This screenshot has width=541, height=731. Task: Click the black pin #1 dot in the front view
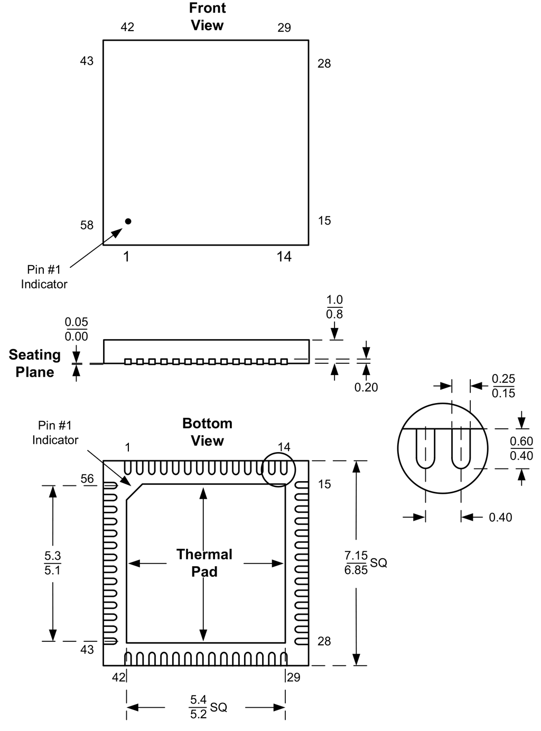128,221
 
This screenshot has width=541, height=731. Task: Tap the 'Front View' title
207,17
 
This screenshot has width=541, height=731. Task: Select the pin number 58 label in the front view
87,226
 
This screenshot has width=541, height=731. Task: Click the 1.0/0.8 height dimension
334,307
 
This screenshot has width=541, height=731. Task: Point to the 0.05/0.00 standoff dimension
76,329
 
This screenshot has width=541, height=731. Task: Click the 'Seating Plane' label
35,363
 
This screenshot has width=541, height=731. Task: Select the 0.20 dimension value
366,387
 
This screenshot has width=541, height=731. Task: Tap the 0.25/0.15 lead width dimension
503,386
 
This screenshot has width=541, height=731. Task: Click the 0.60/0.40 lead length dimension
521,448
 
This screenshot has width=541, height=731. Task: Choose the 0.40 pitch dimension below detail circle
500,518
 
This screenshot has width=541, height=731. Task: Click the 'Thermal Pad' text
204,563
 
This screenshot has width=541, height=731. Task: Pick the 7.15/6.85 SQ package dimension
365,563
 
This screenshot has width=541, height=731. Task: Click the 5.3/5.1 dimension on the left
52,563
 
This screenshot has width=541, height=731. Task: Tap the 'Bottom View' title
207,432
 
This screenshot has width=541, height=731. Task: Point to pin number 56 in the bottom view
87,479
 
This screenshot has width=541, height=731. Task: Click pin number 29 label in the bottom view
293,677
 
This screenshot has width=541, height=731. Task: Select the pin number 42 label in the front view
127,27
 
